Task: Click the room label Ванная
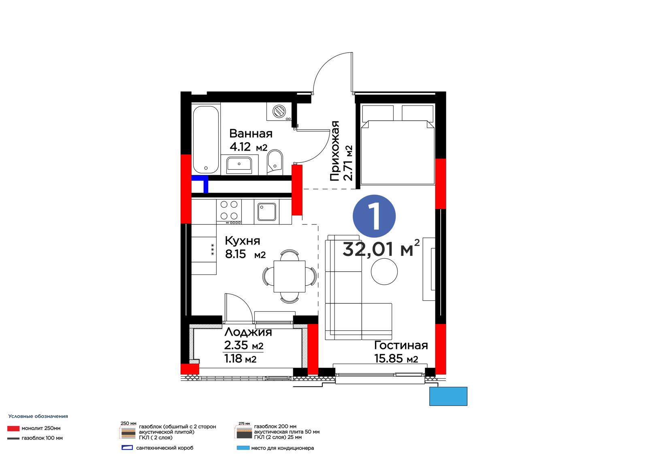(x=251, y=134)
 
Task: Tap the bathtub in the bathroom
(x=206, y=139)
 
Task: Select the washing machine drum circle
(x=279, y=111)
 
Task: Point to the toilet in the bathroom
(x=275, y=162)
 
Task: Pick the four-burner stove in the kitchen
(x=229, y=212)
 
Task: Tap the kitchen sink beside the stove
(x=267, y=211)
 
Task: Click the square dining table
(x=289, y=276)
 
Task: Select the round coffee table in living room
(x=384, y=271)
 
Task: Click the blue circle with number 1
(x=374, y=216)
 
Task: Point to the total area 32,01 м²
(x=381, y=248)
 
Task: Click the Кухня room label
(x=243, y=241)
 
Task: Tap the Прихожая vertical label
(x=335, y=151)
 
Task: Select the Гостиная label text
(x=401, y=345)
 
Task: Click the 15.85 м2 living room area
(x=396, y=359)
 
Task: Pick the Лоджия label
(x=248, y=332)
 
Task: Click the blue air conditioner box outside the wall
(x=448, y=396)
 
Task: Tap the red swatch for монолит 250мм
(x=13, y=428)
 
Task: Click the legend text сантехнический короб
(x=164, y=448)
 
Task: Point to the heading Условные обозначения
(x=38, y=416)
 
